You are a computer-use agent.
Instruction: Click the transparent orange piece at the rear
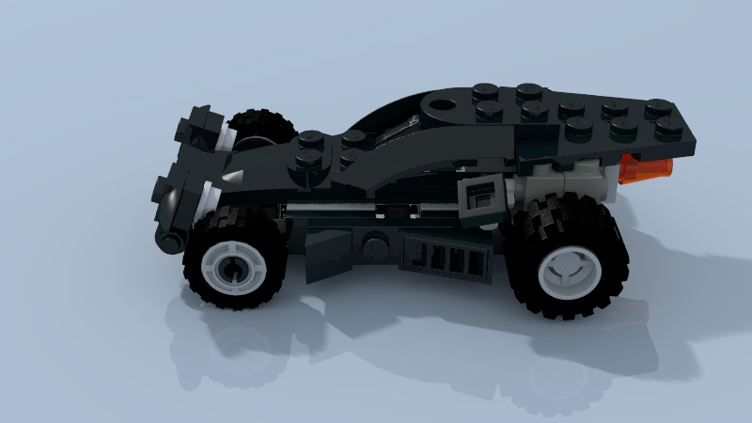pyautogui.click(x=647, y=167)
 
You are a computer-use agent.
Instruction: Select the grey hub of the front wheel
pyautogui.click(x=232, y=268)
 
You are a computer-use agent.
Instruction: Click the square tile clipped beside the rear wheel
pyautogui.click(x=481, y=199)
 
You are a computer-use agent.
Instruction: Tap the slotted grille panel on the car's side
pyautogui.click(x=446, y=256)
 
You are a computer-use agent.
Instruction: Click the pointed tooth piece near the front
pyautogui.click(x=233, y=176)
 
